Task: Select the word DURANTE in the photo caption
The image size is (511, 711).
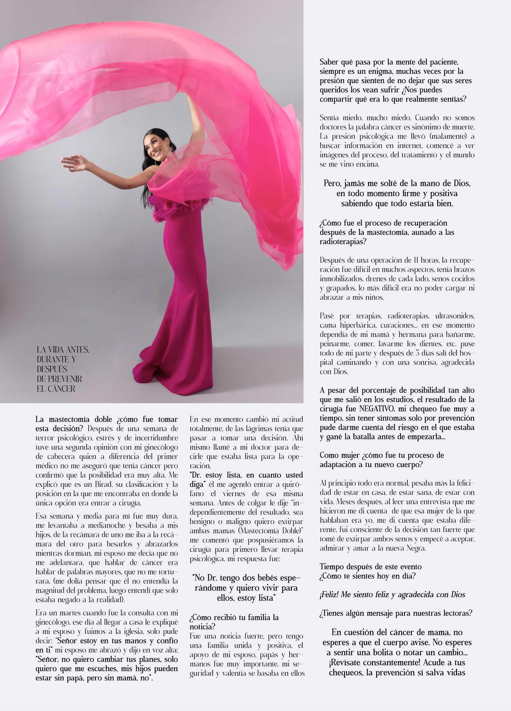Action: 52,359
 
